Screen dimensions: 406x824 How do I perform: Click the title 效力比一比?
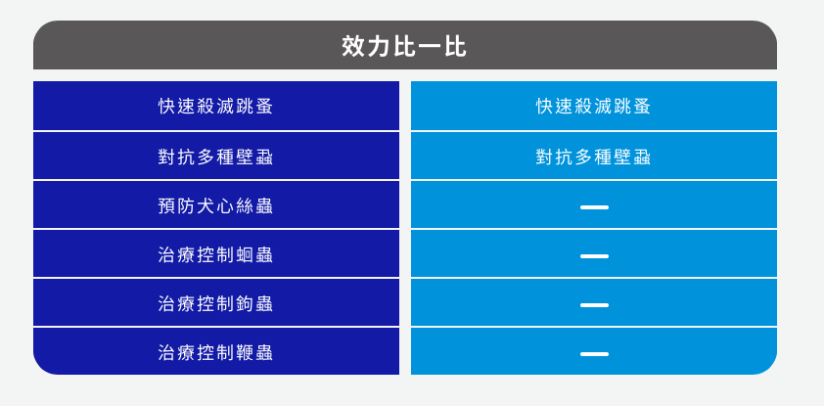[404, 46]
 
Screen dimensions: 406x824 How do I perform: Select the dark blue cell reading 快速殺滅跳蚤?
[216, 107]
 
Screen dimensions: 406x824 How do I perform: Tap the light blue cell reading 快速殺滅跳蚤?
[593, 107]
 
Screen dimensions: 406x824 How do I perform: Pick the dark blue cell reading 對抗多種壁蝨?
[216, 157]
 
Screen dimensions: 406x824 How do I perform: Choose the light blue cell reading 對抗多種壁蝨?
[593, 157]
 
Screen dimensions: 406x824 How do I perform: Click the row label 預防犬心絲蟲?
[216, 205]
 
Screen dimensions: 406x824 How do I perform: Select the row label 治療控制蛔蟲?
[216, 255]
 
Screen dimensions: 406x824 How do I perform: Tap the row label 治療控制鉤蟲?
[216, 304]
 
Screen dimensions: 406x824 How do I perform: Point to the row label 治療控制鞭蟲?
[216, 353]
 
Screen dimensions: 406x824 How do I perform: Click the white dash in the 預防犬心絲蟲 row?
[594, 207]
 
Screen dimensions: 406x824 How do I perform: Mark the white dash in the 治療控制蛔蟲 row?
[594, 256]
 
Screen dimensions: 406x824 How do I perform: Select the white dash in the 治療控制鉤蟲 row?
[594, 305]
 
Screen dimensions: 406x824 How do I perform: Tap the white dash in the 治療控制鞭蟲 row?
[594, 354]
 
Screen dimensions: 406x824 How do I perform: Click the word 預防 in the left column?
[177, 205]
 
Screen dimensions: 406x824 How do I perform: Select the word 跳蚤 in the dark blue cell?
[254, 107]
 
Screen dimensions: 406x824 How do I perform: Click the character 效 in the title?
[353, 46]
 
